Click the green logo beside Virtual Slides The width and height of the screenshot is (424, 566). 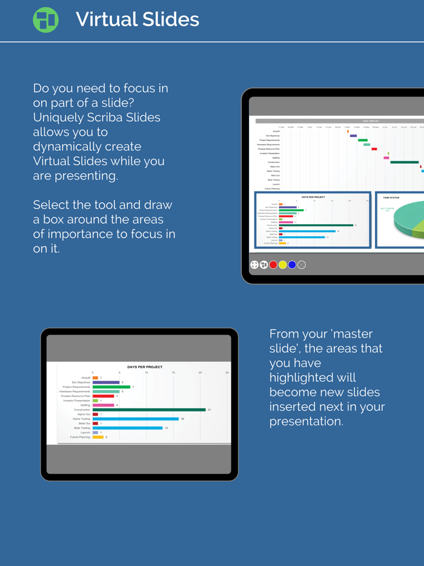point(45,20)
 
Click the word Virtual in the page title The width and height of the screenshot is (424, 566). point(103,19)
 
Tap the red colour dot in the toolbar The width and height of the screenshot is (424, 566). point(273,265)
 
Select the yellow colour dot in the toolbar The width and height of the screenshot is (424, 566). point(283,265)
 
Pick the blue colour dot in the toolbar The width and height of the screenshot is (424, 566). point(292,265)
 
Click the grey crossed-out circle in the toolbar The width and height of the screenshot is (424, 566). point(302,265)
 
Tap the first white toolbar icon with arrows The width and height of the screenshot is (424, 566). point(254,265)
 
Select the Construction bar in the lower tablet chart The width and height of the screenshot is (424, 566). point(149,410)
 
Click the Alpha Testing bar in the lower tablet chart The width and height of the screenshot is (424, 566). point(136,419)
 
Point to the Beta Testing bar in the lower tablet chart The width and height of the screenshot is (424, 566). point(127,428)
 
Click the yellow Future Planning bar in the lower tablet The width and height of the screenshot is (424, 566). point(98,437)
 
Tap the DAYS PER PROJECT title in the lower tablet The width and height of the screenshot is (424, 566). point(145,367)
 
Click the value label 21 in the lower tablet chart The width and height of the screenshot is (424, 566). point(209,410)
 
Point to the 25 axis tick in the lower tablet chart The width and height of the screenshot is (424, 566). point(227,373)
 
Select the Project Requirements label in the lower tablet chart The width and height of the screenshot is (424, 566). point(76,387)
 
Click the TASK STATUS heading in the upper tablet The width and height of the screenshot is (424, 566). point(391,198)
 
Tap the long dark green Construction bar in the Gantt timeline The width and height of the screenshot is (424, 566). point(404,162)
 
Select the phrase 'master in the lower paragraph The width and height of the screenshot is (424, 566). point(351,334)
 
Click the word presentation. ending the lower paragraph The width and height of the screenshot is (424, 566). point(306,421)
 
